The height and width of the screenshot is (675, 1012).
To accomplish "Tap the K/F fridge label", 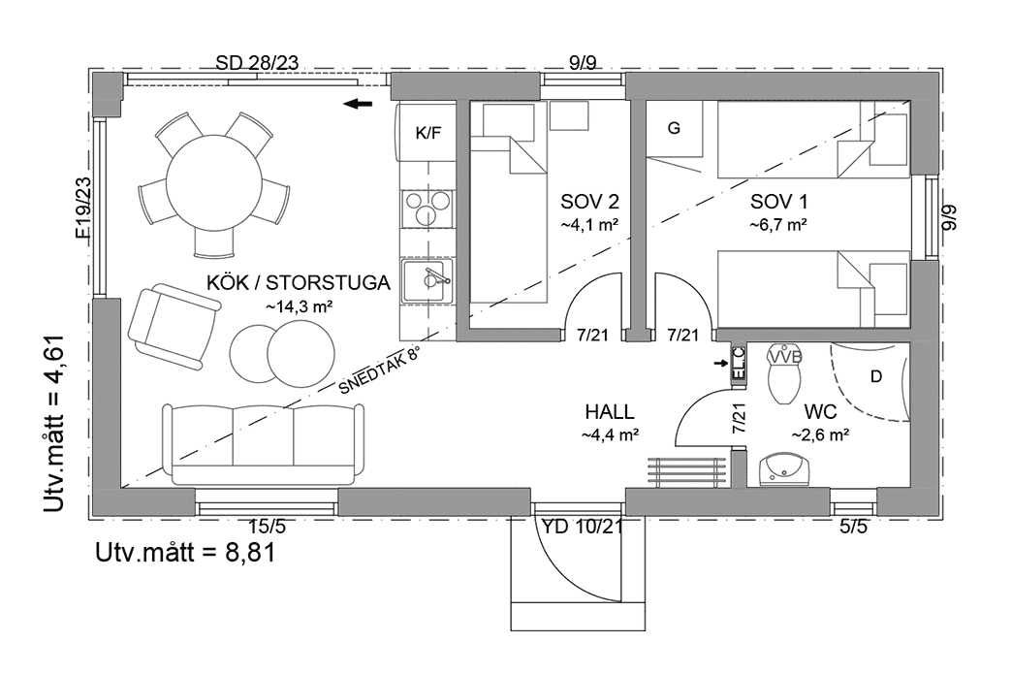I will [427, 133].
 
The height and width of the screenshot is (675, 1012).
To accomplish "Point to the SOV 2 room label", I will [589, 203].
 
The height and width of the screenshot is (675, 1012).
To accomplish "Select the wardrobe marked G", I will [676, 129].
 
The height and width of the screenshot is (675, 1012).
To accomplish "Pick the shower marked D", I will [875, 376].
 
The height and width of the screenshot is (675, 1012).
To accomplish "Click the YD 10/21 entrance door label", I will [583, 527].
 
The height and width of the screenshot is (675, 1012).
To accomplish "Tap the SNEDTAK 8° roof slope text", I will [381, 371].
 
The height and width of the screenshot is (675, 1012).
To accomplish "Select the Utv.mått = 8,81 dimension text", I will [185, 554].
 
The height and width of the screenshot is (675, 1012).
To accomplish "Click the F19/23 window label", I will [82, 208].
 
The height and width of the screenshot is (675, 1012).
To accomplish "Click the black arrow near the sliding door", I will [360, 104].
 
